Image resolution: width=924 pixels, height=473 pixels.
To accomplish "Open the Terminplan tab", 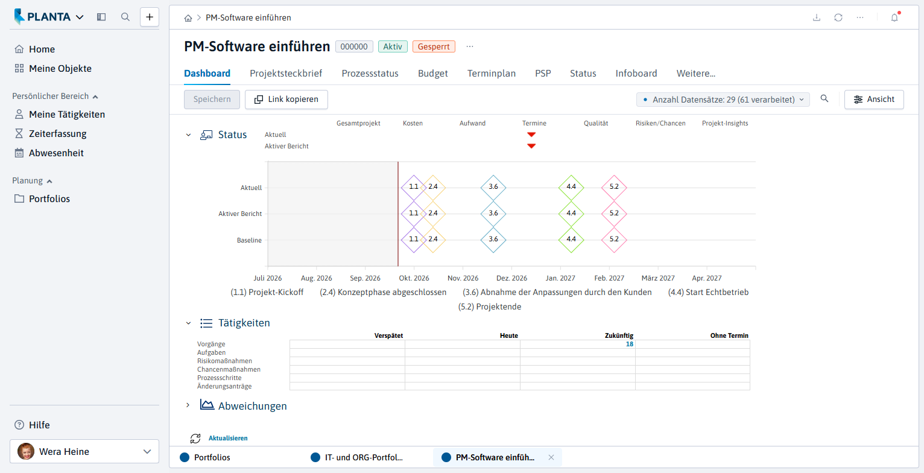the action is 492,74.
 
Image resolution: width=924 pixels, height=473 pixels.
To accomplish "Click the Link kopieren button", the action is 286,100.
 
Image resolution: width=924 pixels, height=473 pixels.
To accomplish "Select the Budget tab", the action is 432,74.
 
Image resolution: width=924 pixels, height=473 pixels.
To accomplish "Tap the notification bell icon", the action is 894,17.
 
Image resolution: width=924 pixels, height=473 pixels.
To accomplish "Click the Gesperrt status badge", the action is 434,46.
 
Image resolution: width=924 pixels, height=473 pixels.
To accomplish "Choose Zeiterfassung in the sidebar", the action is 57,134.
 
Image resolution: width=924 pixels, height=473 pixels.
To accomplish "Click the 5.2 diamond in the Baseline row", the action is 614,240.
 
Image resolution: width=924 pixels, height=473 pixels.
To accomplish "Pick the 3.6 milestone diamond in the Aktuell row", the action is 493,187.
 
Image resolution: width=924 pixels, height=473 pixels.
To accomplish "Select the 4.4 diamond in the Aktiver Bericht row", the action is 571,214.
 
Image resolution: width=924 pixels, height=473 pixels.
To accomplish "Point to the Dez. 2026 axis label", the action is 511,278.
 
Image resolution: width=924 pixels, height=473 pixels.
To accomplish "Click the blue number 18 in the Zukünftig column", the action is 630,344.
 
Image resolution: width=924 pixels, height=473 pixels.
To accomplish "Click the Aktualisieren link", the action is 228,439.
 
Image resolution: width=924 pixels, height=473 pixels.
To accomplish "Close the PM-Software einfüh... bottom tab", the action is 551,457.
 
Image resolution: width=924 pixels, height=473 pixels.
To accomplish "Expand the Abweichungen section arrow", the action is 188,405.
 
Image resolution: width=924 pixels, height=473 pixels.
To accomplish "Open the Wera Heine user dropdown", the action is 84,451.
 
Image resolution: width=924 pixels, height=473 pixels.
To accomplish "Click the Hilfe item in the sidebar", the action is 39,425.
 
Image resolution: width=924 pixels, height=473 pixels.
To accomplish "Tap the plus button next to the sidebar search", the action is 150,17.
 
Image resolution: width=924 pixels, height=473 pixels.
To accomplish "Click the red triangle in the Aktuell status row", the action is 531,135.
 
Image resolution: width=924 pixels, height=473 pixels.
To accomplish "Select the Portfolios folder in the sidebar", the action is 49,199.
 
